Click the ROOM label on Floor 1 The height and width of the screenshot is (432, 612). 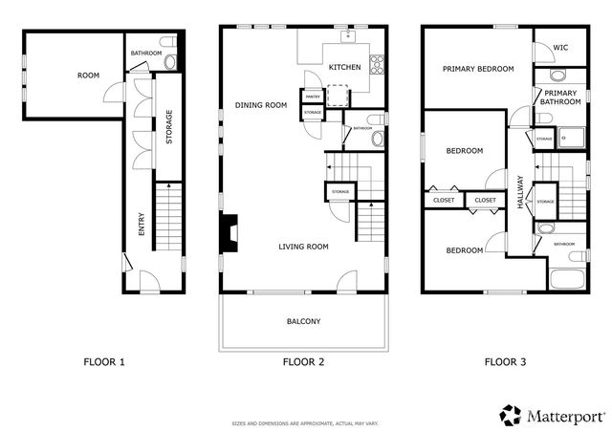point(88,75)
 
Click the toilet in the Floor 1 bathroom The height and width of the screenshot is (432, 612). point(170,62)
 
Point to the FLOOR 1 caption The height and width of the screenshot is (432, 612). point(104,362)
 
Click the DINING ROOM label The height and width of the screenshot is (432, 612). point(261,105)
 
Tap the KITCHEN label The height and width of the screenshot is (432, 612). point(344,68)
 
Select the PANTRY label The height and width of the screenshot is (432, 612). point(312,97)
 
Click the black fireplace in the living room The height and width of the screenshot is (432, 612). point(229,232)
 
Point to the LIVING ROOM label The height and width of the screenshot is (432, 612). point(303,247)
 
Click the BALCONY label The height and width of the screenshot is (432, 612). point(303,321)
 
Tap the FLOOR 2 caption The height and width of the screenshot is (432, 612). point(304,362)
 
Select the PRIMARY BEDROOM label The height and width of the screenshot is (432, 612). point(478,69)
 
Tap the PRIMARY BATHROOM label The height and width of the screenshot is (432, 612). point(560,97)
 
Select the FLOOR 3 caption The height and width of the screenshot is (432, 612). point(505,362)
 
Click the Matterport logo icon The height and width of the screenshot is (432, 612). point(511,415)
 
